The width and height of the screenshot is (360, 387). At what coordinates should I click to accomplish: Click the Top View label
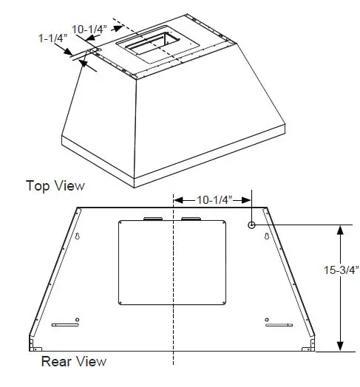click(x=55, y=185)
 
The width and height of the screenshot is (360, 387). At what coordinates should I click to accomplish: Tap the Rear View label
click(x=73, y=361)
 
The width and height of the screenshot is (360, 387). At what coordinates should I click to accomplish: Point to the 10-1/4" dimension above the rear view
click(x=214, y=199)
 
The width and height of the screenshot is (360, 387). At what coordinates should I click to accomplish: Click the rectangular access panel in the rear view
click(x=173, y=262)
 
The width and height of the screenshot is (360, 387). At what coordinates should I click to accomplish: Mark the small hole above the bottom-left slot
click(x=78, y=319)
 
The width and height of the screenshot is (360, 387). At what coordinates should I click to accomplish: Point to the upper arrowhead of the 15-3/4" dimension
click(x=339, y=230)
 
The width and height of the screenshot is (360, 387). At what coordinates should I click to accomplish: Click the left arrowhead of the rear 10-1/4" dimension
click(x=177, y=199)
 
